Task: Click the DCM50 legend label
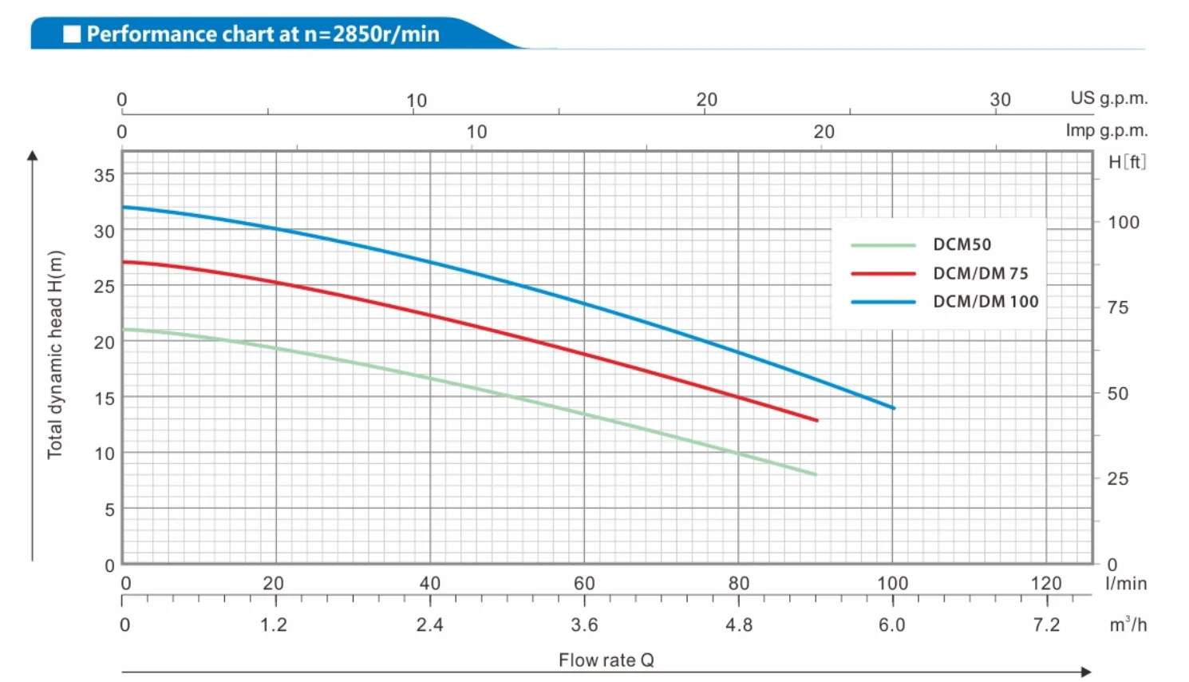pyautogui.click(x=962, y=244)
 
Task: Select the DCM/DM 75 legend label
pyautogui.click(x=980, y=273)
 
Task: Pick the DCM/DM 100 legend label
pyautogui.click(x=986, y=302)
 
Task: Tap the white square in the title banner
pyautogui.click(x=72, y=34)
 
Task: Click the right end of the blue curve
pyautogui.click(x=893, y=408)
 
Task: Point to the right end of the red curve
pyautogui.click(x=816, y=420)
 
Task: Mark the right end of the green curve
pyautogui.click(x=815, y=474)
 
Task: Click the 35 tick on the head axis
pyautogui.click(x=105, y=175)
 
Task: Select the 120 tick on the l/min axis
pyautogui.click(x=1045, y=584)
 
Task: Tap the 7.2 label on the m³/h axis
pyautogui.click(x=1045, y=625)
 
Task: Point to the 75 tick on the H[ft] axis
pyautogui.click(x=1117, y=308)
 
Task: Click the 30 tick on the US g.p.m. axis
pyautogui.click(x=1000, y=100)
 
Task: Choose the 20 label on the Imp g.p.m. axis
pyautogui.click(x=824, y=132)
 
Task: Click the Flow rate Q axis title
pyautogui.click(x=606, y=660)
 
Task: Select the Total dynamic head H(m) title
pyautogui.click(x=54, y=355)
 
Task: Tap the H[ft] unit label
pyautogui.click(x=1127, y=162)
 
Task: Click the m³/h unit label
pyautogui.click(x=1128, y=625)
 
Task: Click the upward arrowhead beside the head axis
pyautogui.click(x=33, y=156)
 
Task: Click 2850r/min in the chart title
pyautogui.click(x=385, y=34)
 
